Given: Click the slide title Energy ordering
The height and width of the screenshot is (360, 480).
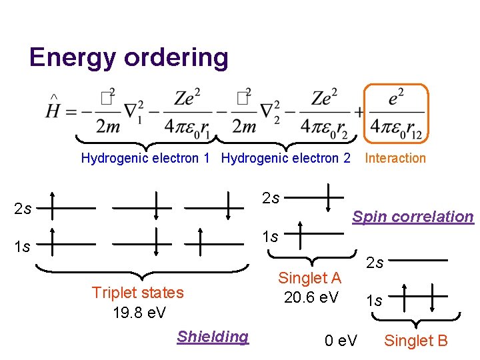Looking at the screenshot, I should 129,58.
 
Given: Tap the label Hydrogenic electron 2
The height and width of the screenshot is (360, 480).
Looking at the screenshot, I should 285,158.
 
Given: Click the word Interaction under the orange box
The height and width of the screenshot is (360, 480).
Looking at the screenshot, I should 395,158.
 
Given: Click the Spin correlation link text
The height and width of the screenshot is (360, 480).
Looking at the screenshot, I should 413,217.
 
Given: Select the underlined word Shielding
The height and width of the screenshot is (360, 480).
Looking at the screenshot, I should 213,337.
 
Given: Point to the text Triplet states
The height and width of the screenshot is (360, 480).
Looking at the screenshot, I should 137,293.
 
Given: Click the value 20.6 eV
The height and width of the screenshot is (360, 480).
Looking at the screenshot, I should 311,297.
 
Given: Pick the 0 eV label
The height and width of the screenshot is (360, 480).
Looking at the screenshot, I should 341,341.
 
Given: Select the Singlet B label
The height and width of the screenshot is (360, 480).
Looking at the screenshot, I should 416,341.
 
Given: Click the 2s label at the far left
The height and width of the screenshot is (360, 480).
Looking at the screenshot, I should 23,209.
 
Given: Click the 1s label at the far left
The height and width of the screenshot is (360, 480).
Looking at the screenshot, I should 23,247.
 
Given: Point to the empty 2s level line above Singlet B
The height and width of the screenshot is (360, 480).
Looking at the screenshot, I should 421,260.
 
